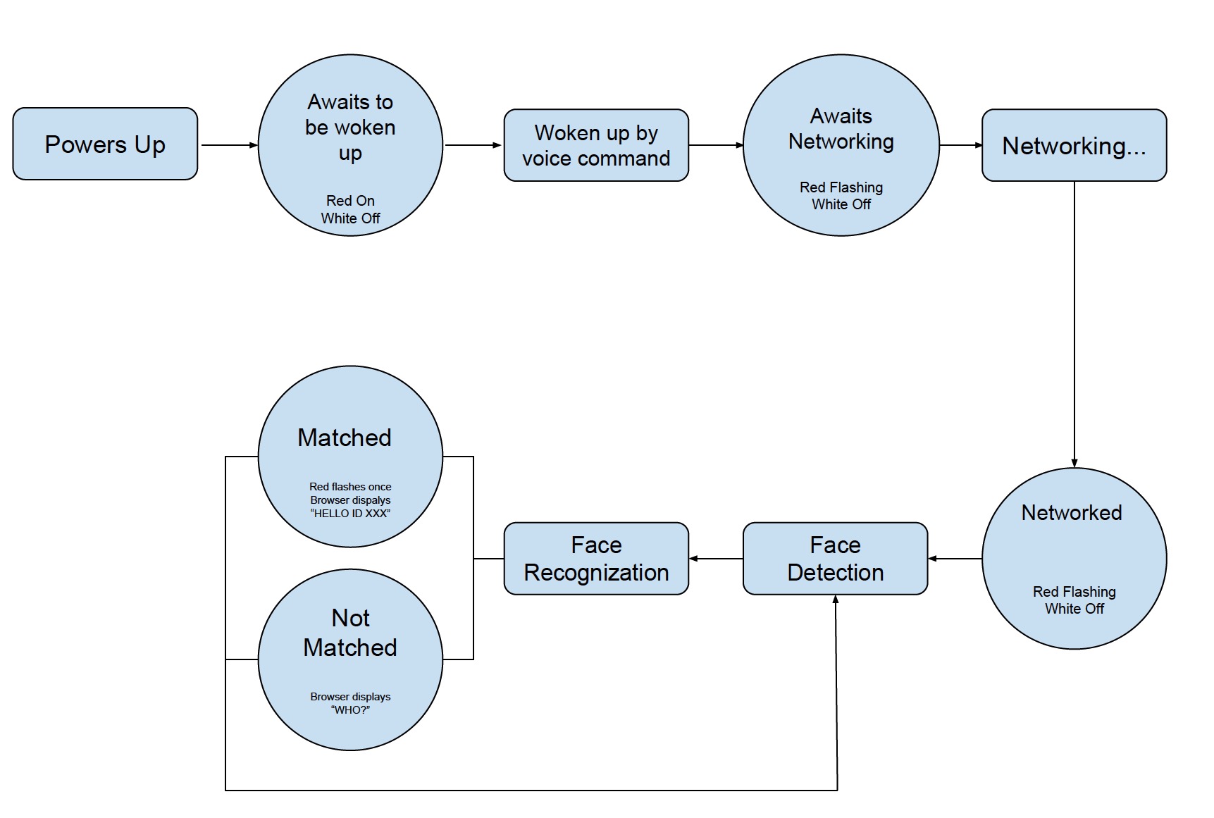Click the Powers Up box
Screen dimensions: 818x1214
[105, 144]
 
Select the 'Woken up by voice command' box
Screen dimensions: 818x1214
[596, 146]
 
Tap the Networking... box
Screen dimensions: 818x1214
[1074, 146]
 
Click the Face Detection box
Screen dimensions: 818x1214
[835, 559]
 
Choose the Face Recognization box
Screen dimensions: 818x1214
[596, 559]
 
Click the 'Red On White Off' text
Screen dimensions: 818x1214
[350, 209]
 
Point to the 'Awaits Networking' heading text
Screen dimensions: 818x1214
[841, 129]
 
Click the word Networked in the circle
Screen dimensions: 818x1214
[1072, 512]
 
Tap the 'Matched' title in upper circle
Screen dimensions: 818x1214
[344, 438]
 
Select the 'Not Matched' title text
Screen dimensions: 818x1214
[350, 633]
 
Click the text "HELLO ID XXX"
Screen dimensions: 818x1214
[350, 514]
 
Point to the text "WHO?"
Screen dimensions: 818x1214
[350, 709]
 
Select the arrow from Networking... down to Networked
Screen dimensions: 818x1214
[1074, 324]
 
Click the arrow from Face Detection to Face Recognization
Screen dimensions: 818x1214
[715, 559]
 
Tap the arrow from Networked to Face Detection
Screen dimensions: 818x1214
[955, 559]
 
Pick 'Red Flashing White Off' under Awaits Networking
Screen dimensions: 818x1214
[841, 196]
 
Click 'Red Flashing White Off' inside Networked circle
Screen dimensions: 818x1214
[1074, 600]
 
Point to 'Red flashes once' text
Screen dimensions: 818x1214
[350, 487]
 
